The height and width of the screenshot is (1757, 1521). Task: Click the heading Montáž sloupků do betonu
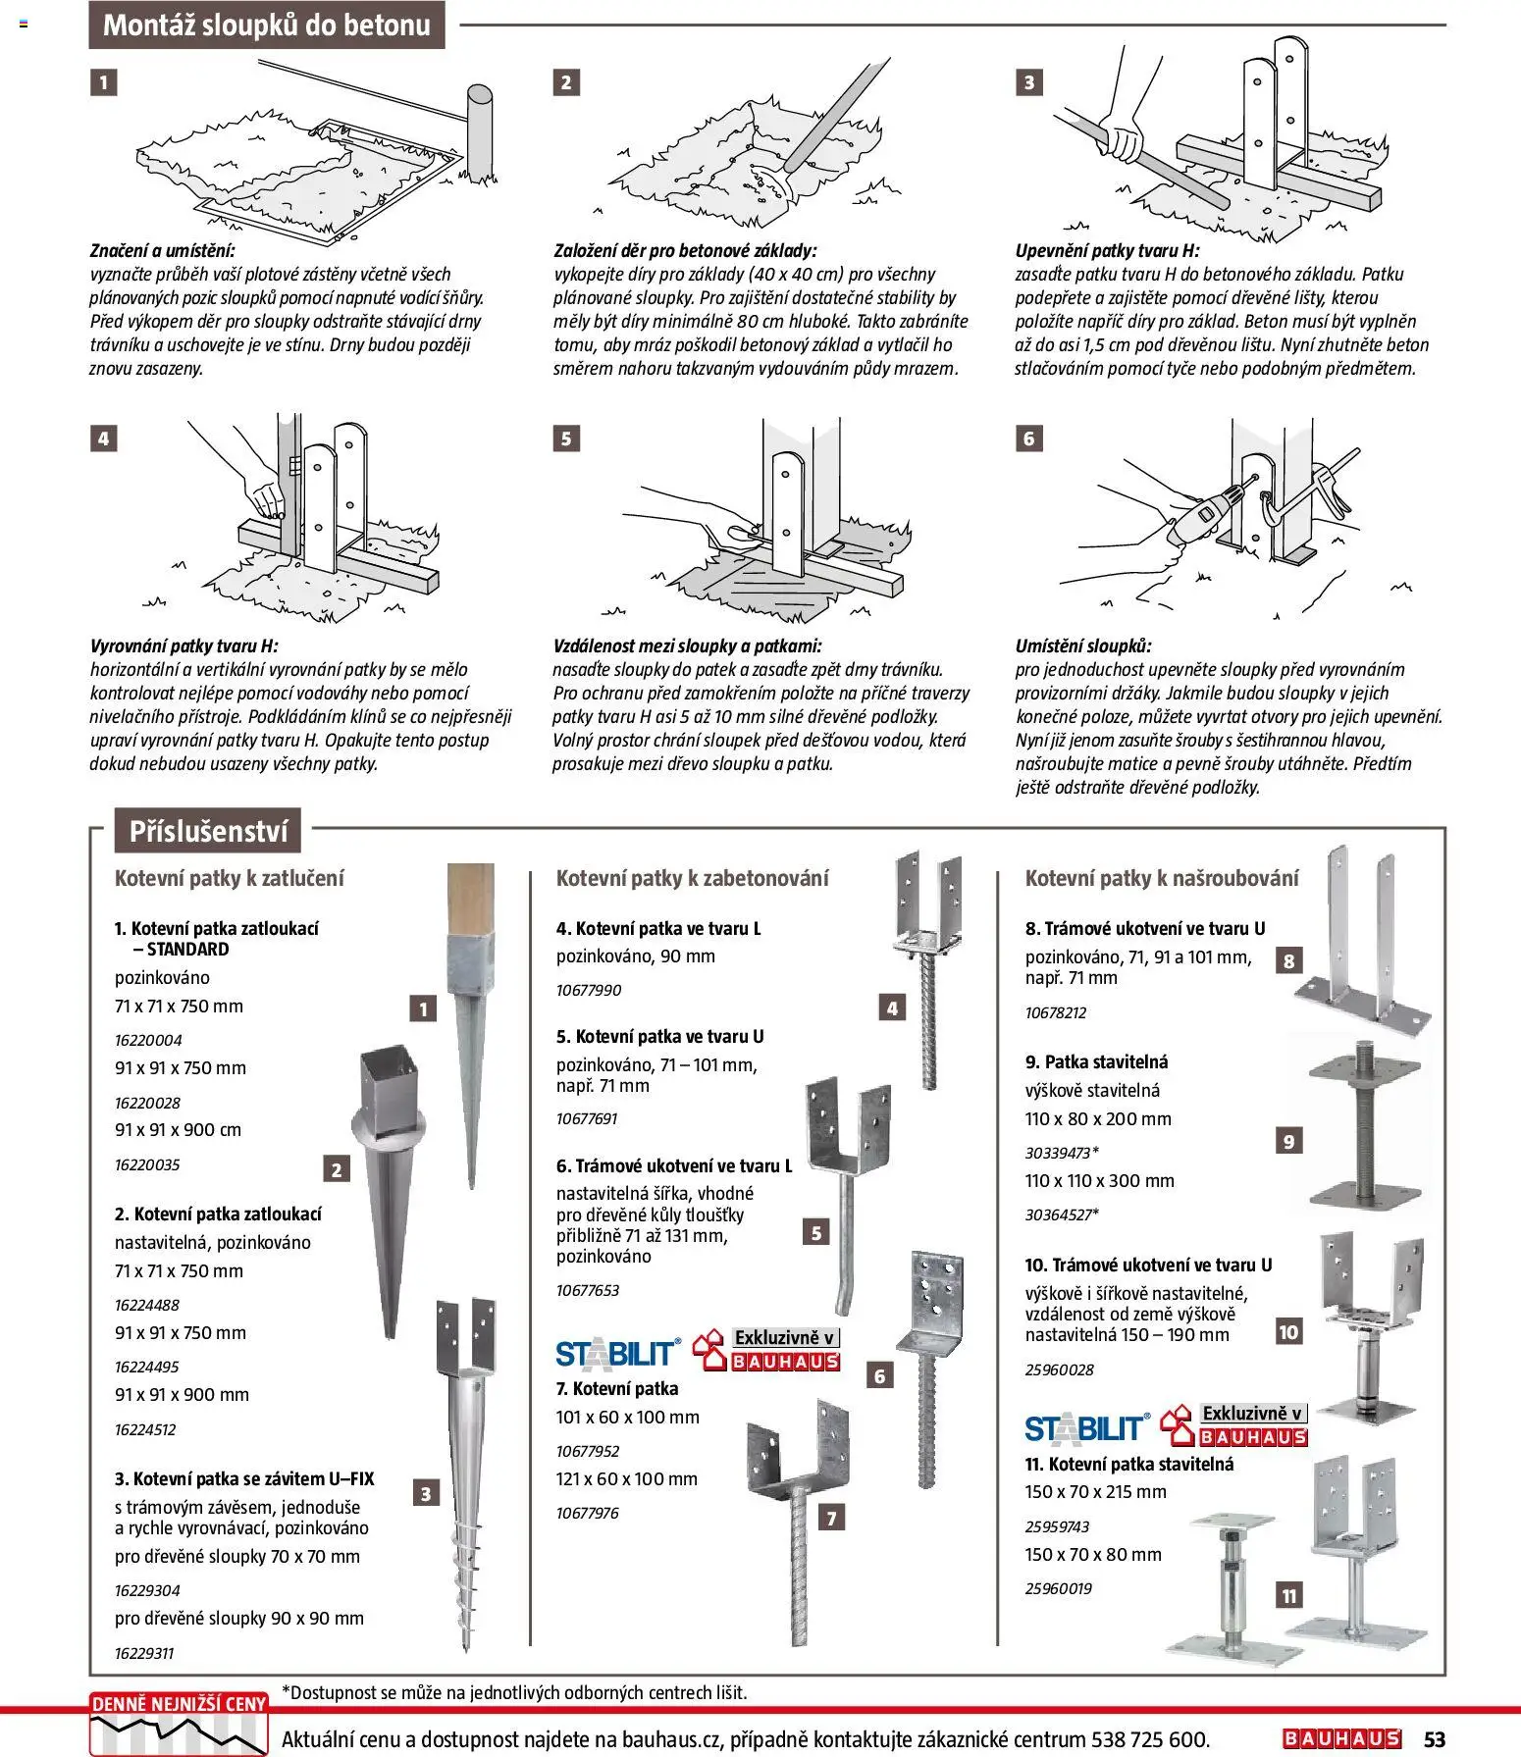coord(266,26)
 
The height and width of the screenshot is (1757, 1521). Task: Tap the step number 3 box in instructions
coord(1028,82)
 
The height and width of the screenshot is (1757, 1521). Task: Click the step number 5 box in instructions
coord(565,439)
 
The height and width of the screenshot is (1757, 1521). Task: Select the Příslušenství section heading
coord(208,832)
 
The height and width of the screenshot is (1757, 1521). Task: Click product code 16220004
coord(148,1040)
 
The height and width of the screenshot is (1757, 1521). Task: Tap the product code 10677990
coord(589,990)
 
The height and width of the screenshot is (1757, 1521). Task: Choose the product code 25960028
coord(1059,1369)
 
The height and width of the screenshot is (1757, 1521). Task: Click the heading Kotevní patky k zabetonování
coord(692,878)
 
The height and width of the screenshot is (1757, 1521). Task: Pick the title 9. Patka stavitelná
coord(1096,1061)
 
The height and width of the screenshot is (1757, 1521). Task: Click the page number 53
coord(1434,1739)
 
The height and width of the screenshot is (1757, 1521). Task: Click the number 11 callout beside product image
coord(1288,1596)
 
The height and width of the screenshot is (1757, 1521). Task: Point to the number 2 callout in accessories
coord(337,1169)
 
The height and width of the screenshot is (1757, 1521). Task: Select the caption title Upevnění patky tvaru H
coord(1107,251)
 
